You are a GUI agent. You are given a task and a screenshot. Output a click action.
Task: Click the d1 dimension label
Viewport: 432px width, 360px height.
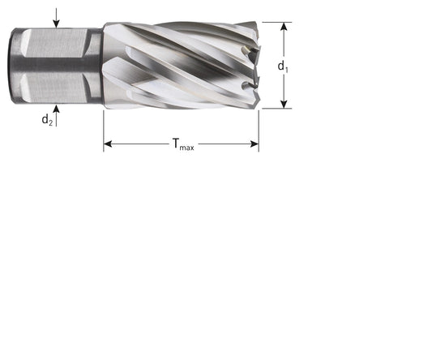[283, 66]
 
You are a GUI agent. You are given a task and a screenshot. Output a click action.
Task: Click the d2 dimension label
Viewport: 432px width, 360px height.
[47, 120]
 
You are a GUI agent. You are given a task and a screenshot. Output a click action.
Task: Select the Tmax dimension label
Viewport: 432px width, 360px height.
[183, 144]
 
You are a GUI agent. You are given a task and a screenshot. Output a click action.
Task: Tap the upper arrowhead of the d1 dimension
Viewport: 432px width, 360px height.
[284, 27]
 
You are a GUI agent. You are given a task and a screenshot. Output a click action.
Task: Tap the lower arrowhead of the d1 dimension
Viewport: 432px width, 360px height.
[284, 104]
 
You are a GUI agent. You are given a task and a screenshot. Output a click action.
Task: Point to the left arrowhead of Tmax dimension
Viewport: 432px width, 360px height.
[108, 144]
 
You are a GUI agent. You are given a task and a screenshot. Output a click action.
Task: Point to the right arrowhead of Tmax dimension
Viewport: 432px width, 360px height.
[254, 144]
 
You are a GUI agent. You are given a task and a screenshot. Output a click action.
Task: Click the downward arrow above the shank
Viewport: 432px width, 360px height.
[56, 18]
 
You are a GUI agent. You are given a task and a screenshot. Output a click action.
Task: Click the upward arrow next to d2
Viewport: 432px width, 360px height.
[56, 115]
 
